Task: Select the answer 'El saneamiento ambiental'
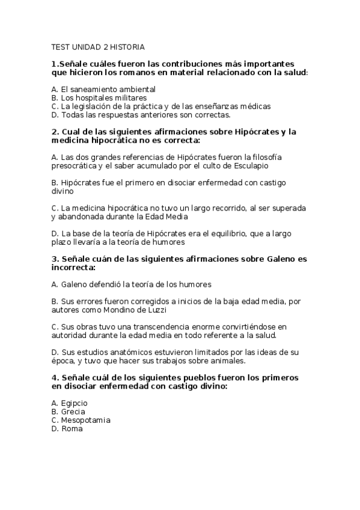pyautogui.click(x=100, y=89)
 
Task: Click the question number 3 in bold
pyautogui.click(x=55, y=259)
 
